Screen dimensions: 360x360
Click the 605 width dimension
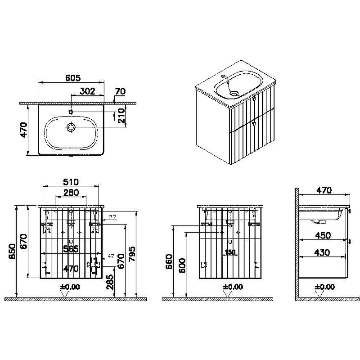tap(71, 78)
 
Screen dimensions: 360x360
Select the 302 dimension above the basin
tap(87, 91)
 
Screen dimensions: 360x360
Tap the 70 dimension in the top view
tap(120, 91)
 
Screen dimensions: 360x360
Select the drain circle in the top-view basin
tap(71, 128)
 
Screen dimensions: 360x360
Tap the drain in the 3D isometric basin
tap(234, 94)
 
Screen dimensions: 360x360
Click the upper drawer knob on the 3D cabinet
tap(254, 99)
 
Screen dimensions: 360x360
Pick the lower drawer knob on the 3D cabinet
tap(254, 122)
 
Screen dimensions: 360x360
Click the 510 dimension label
tap(71, 182)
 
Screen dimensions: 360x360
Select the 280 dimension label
tap(70, 193)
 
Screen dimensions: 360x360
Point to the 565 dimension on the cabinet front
tap(71, 249)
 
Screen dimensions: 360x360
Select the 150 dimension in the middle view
tap(230, 252)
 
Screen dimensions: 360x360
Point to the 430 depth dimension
tap(323, 252)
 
